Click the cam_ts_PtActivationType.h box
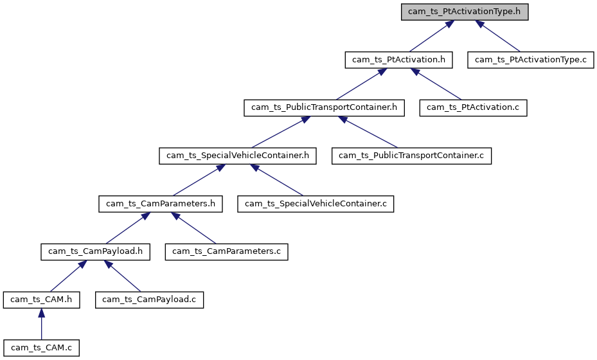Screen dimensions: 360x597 coord(465,12)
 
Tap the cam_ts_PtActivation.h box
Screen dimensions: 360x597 coord(399,60)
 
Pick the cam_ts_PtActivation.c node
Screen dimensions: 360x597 coord(473,107)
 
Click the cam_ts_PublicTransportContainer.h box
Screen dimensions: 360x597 coord(324,107)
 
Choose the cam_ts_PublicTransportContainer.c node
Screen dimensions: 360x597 coord(411,155)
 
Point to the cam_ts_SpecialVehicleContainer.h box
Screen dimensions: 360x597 coord(238,155)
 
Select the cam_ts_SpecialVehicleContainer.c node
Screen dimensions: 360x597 coord(316,204)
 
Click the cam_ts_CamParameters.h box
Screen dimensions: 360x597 coord(161,204)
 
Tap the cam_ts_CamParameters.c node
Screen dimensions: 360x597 coord(226,251)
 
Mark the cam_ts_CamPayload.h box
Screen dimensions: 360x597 coord(95,251)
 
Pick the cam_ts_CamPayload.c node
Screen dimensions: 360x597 coord(150,300)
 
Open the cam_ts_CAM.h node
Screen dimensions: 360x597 coord(41,300)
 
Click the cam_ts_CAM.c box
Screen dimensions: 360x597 coord(41,348)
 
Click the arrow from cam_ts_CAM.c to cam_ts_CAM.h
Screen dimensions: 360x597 coord(41,327)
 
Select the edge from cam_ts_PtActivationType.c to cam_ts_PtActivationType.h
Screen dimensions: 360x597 coord(499,37)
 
